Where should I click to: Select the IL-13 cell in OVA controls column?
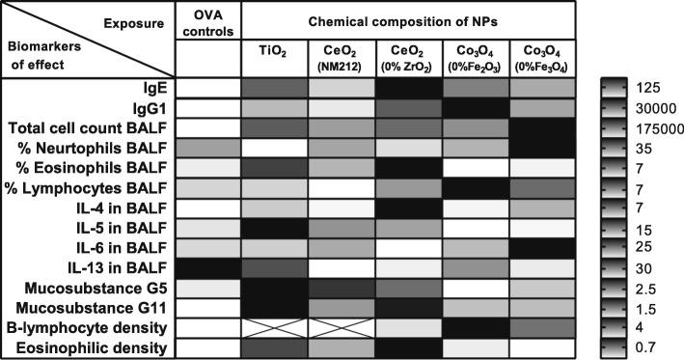pos(209,264)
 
